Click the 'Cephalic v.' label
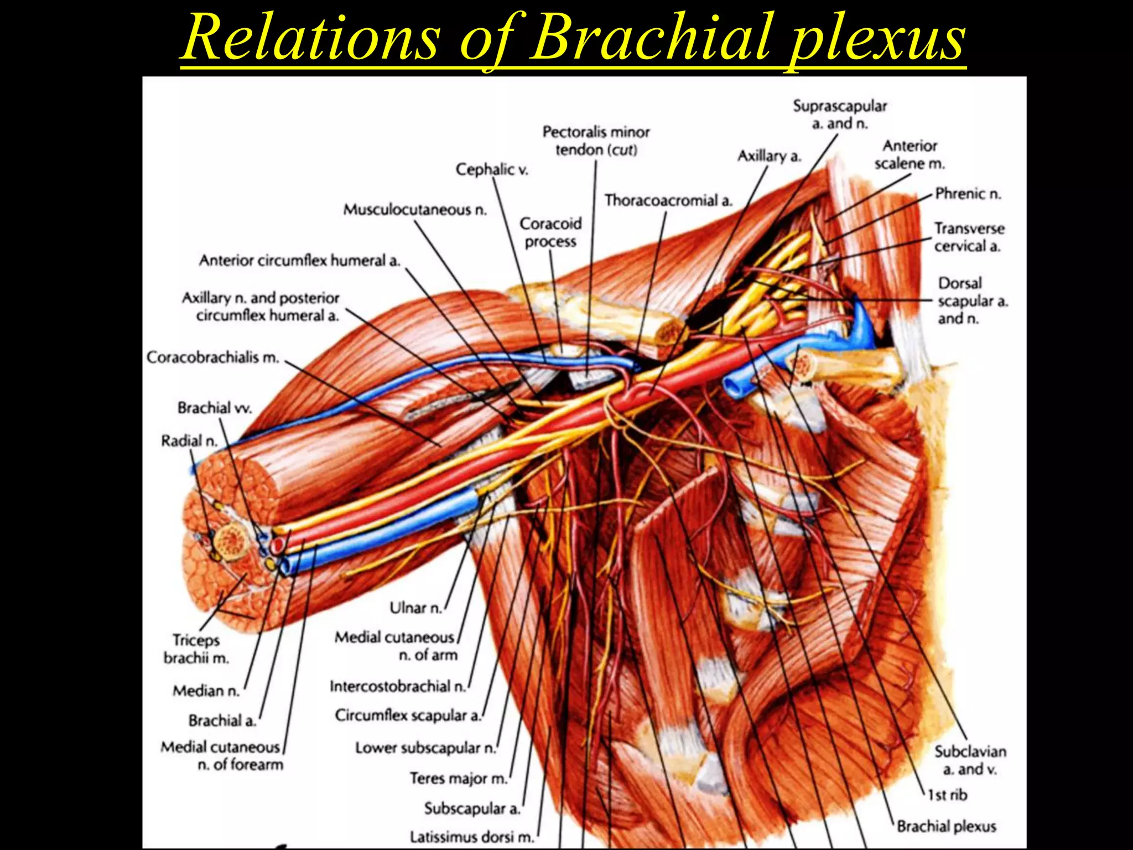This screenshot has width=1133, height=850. point(491,169)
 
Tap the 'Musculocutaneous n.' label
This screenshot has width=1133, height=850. point(414,210)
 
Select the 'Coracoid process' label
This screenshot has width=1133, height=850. point(550,232)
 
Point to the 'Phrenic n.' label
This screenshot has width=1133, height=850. point(968,194)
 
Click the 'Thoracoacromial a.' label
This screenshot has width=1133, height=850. point(668,200)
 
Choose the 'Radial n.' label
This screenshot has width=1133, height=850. point(189,441)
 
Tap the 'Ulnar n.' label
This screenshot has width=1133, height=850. point(415,608)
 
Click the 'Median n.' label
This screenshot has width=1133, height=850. point(206,691)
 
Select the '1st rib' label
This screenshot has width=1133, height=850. point(948,795)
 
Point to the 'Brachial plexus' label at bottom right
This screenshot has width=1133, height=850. point(946,826)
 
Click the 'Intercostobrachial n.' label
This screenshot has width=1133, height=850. point(398,687)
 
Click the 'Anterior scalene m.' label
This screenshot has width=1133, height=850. point(909,154)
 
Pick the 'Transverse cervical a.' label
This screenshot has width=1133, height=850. point(969,237)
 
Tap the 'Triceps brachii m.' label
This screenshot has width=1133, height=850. point(196,649)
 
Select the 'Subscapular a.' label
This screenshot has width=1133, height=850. point(472,808)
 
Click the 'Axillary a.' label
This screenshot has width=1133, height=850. point(769,157)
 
